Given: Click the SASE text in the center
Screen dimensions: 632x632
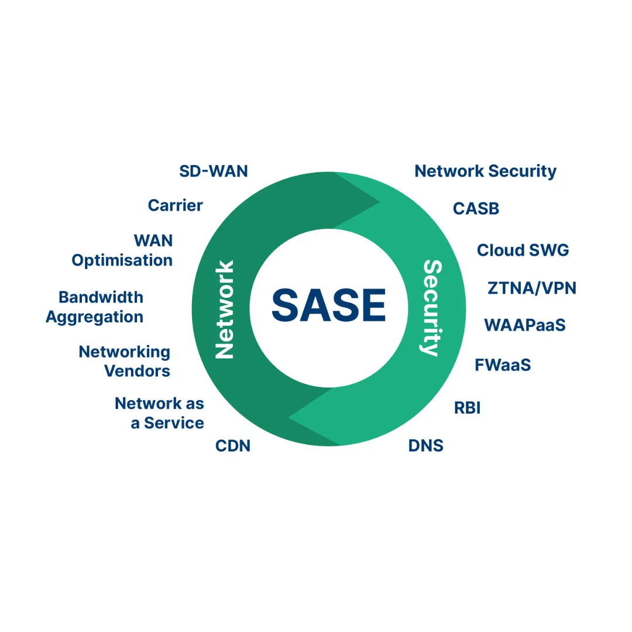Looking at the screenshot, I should [x=328, y=304].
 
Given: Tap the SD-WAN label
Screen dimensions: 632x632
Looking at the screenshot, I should [x=214, y=171].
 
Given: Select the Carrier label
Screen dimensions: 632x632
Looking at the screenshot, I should [x=176, y=205].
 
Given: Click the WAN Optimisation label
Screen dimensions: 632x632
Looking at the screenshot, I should [x=123, y=250].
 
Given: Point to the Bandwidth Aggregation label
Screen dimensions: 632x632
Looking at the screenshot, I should [x=95, y=307].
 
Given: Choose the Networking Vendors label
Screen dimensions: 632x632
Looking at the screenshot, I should [x=125, y=361].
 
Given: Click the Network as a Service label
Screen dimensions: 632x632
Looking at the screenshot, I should [x=160, y=413].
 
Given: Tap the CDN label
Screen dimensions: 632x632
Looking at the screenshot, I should [x=233, y=446].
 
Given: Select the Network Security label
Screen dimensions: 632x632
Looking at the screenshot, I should [x=485, y=171].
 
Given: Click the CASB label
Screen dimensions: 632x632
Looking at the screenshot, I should [x=476, y=208].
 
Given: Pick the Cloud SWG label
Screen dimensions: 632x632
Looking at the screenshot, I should [x=523, y=250].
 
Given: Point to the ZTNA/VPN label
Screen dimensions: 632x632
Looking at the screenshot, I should [x=531, y=288].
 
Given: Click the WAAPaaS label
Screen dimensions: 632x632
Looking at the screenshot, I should [x=524, y=325].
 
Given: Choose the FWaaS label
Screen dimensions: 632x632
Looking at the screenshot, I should [x=503, y=365].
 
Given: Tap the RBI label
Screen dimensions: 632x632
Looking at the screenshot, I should [x=467, y=408].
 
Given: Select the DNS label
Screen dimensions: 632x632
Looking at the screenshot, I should [x=425, y=446].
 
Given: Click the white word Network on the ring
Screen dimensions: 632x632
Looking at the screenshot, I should [x=225, y=309].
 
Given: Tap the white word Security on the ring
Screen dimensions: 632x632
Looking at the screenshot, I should [x=431, y=308].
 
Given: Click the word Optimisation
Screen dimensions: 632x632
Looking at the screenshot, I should [x=122, y=260].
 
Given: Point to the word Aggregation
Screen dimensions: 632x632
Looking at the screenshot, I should [x=95, y=317].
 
